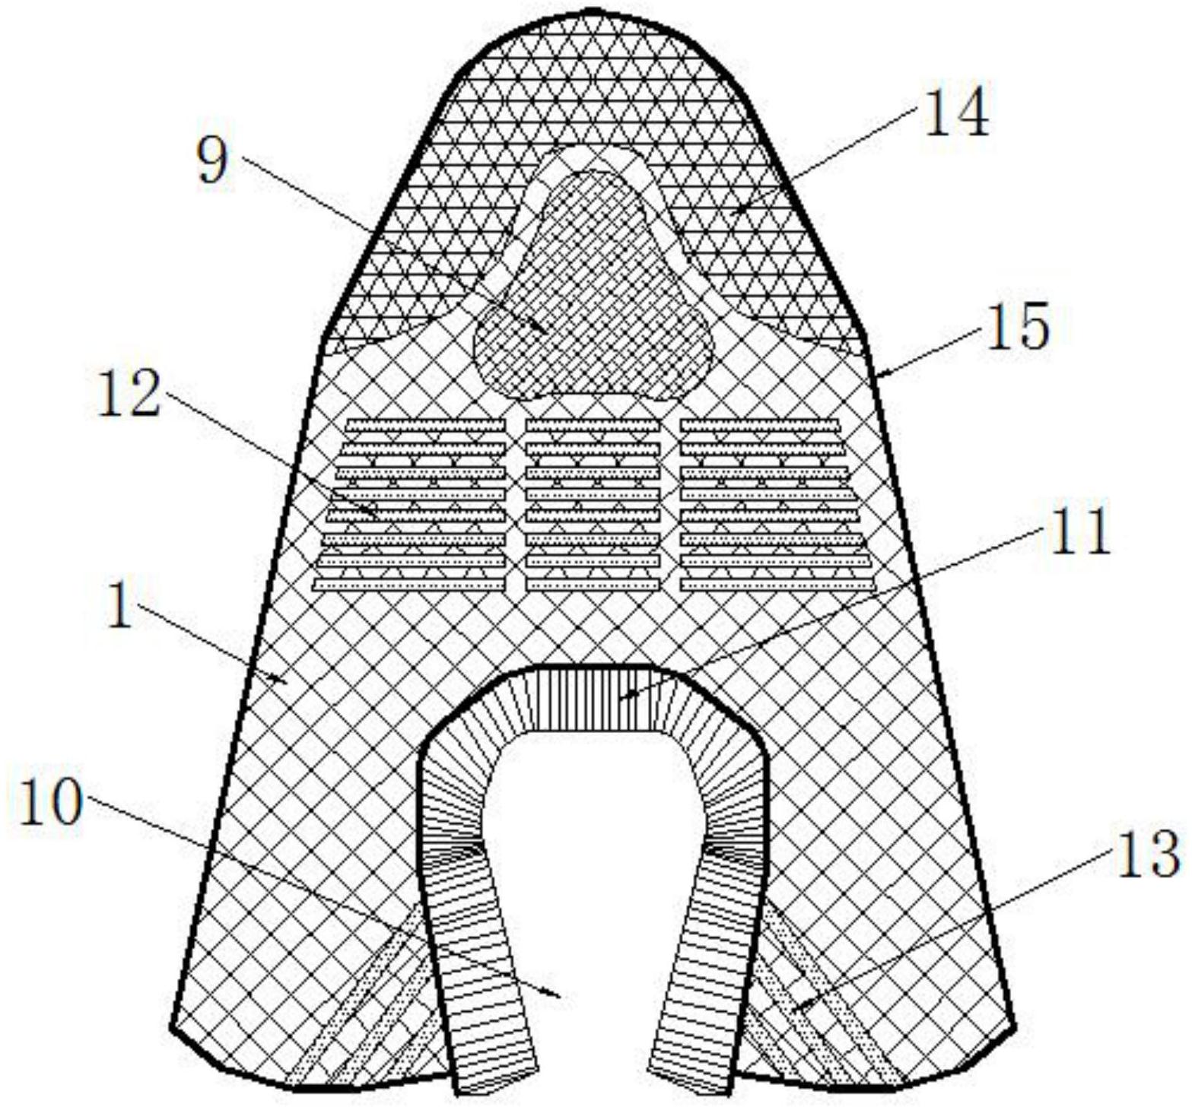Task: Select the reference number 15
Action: (1017, 325)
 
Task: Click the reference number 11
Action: (1079, 530)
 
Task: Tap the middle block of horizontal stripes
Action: (593, 504)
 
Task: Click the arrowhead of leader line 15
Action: (878, 373)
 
